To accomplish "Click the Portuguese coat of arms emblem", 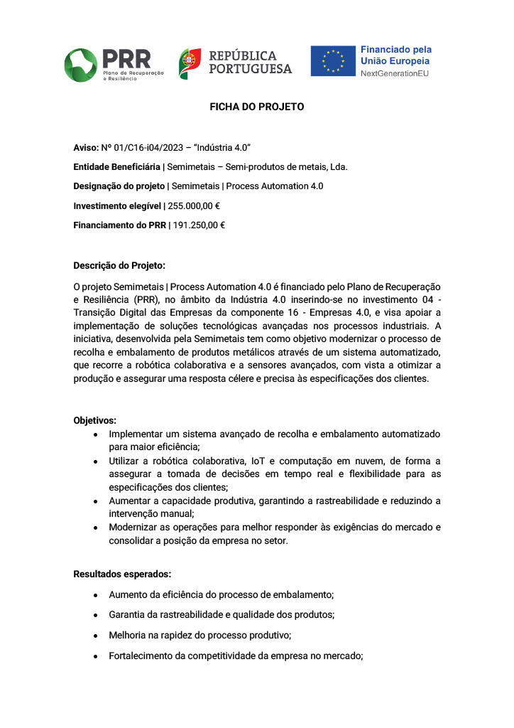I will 190,63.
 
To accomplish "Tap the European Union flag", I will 332,61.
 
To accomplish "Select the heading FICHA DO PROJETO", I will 256,107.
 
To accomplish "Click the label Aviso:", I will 86,147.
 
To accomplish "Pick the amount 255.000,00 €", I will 194,205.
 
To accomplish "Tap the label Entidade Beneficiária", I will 117,166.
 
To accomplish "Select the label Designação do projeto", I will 118,186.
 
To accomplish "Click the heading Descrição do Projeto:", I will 119,266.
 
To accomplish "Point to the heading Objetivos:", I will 95,420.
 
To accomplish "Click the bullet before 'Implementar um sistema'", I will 94,434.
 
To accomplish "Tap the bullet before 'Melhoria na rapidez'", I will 94,635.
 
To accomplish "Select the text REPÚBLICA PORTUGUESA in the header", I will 249,63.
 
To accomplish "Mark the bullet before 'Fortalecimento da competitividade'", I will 94,656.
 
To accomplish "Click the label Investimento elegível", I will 117,205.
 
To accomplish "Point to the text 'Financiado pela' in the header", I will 395,50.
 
